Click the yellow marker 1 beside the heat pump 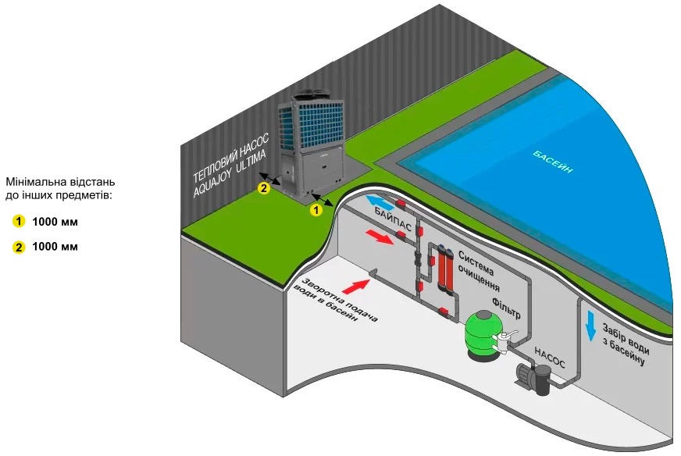click(x=316, y=209)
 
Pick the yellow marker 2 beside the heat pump click(x=264, y=188)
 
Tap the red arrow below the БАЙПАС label click(x=381, y=235)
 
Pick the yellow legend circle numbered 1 click(x=20, y=222)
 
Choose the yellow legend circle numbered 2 click(x=20, y=248)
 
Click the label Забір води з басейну click(x=624, y=337)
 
